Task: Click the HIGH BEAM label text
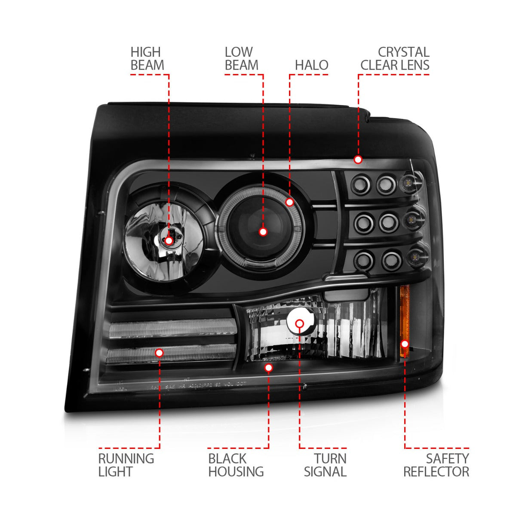[147, 59]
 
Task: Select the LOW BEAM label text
[241, 59]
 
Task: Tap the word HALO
[311, 65]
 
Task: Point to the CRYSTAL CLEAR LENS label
[395, 59]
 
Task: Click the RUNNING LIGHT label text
[126, 465]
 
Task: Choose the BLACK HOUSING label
[236, 465]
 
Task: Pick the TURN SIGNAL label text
[325, 465]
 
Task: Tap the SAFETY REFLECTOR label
[436, 465]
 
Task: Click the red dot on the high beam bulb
[169, 240]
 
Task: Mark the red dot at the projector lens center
[263, 232]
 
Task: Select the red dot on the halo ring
[289, 202]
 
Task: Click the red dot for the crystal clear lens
[358, 160]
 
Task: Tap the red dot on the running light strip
[159, 353]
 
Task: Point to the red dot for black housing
[269, 368]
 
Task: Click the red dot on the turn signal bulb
[300, 324]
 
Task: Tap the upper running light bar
[172, 329]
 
